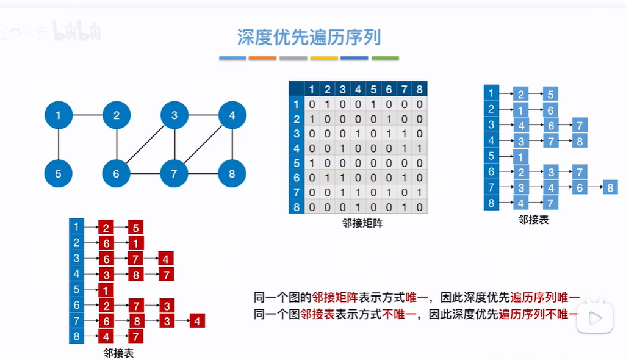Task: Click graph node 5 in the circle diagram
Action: click(x=58, y=174)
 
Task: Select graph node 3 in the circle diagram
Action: click(x=174, y=115)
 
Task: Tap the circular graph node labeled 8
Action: click(x=232, y=174)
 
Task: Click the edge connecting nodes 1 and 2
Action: click(x=87, y=115)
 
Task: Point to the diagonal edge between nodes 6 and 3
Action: click(x=145, y=144)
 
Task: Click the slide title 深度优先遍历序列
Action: click(x=309, y=37)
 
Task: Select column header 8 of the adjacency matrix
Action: click(x=420, y=89)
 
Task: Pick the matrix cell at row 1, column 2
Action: click(x=327, y=104)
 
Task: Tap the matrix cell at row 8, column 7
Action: click(x=405, y=207)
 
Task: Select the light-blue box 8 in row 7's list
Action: click(x=610, y=187)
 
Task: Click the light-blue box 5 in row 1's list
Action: click(x=550, y=94)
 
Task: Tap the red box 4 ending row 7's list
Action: click(x=196, y=320)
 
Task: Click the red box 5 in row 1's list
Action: click(x=136, y=228)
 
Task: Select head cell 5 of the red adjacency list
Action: click(x=76, y=289)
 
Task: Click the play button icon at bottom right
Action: click(x=594, y=317)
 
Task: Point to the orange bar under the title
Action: click(x=263, y=59)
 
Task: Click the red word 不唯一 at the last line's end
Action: click(x=559, y=314)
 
